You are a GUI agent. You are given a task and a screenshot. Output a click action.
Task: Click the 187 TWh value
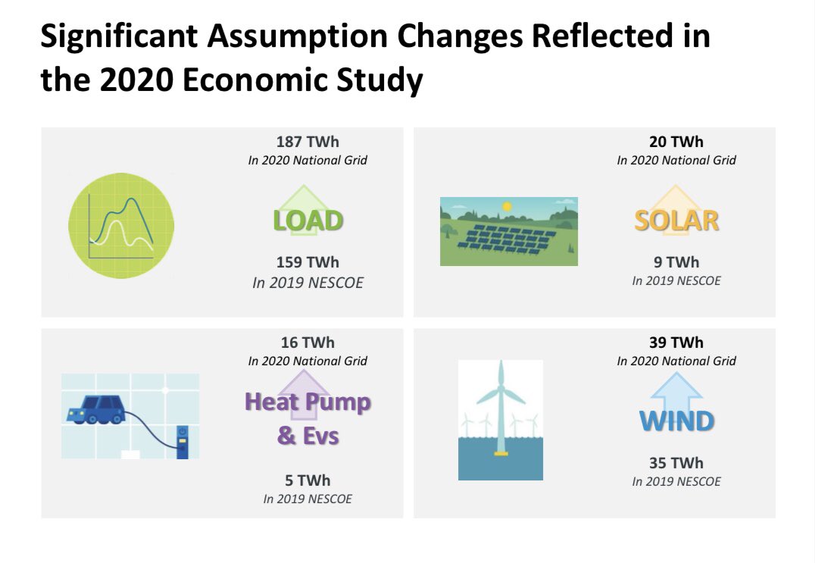pyautogui.click(x=308, y=142)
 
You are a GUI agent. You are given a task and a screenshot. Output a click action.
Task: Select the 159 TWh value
pyautogui.click(x=308, y=262)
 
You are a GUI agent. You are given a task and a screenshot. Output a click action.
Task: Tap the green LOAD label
pyautogui.click(x=308, y=221)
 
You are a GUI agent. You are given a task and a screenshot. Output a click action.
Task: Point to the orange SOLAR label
pyautogui.click(x=676, y=221)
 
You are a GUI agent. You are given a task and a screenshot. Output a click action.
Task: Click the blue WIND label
pyautogui.click(x=676, y=421)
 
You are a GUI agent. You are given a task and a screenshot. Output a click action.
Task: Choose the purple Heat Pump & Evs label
pyautogui.click(x=308, y=418)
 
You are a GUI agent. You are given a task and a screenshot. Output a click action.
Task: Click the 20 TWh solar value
pyautogui.click(x=676, y=142)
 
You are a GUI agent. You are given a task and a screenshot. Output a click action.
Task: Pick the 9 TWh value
pyautogui.click(x=676, y=262)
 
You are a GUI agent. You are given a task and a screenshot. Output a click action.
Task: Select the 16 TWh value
pyautogui.click(x=308, y=342)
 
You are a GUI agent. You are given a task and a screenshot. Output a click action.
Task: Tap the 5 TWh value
pyautogui.click(x=308, y=480)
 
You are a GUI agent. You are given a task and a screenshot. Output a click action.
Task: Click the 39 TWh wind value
pyautogui.click(x=676, y=342)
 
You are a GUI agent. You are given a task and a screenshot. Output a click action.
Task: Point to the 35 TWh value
pyautogui.click(x=676, y=463)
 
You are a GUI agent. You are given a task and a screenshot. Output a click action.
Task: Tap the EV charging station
pyautogui.click(x=181, y=441)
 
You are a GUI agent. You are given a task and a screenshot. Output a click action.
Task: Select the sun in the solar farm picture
pyautogui.click(x=508, y=205)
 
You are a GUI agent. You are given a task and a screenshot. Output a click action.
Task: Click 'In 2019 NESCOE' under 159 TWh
pyautogui.click(x=308, y=283)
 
